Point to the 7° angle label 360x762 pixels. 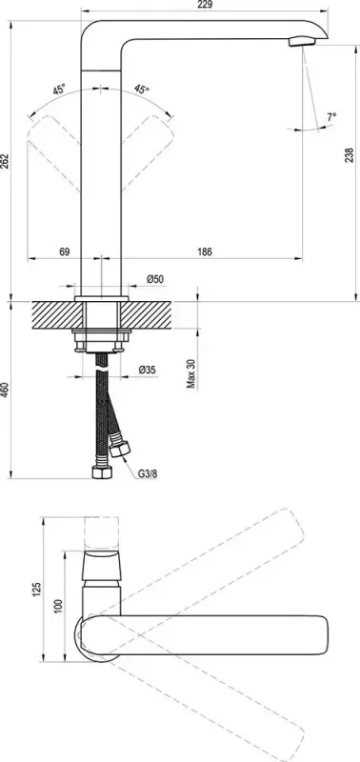click(331, 117)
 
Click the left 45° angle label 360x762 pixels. click(59, 91)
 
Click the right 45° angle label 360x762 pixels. click(142, 90)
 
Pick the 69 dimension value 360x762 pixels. click(65, 251)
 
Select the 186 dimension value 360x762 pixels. click(205, 251)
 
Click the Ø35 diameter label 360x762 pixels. click(148, 369)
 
